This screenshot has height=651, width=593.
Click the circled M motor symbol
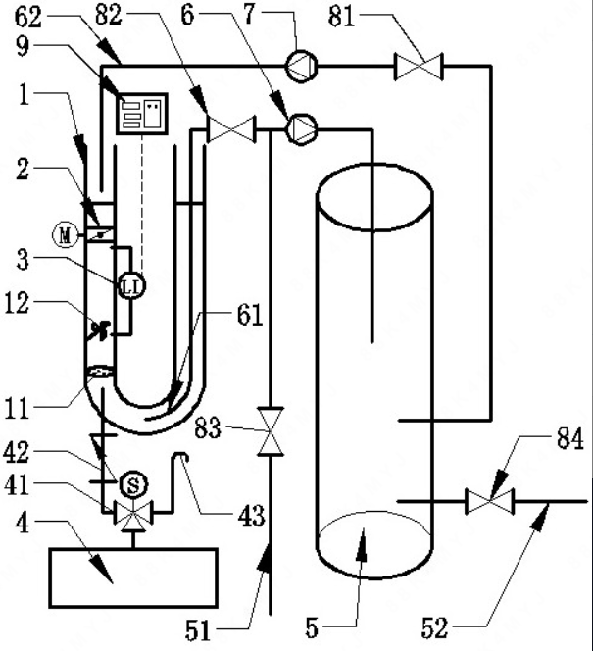pos(65,235)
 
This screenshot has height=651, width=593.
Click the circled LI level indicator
pos(132,286)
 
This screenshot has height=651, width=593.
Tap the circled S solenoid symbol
pos(133,484)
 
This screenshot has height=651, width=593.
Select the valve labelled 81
pos(419,67)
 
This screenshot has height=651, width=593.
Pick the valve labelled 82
pos(230,129)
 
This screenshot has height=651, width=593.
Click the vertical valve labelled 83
pos(271,431)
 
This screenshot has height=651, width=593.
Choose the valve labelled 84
pos(490,502)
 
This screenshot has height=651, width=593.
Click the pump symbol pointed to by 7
pos(302,66)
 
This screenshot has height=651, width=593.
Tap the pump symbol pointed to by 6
pos(302,129)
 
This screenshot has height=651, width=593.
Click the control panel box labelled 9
pos(142,114)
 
